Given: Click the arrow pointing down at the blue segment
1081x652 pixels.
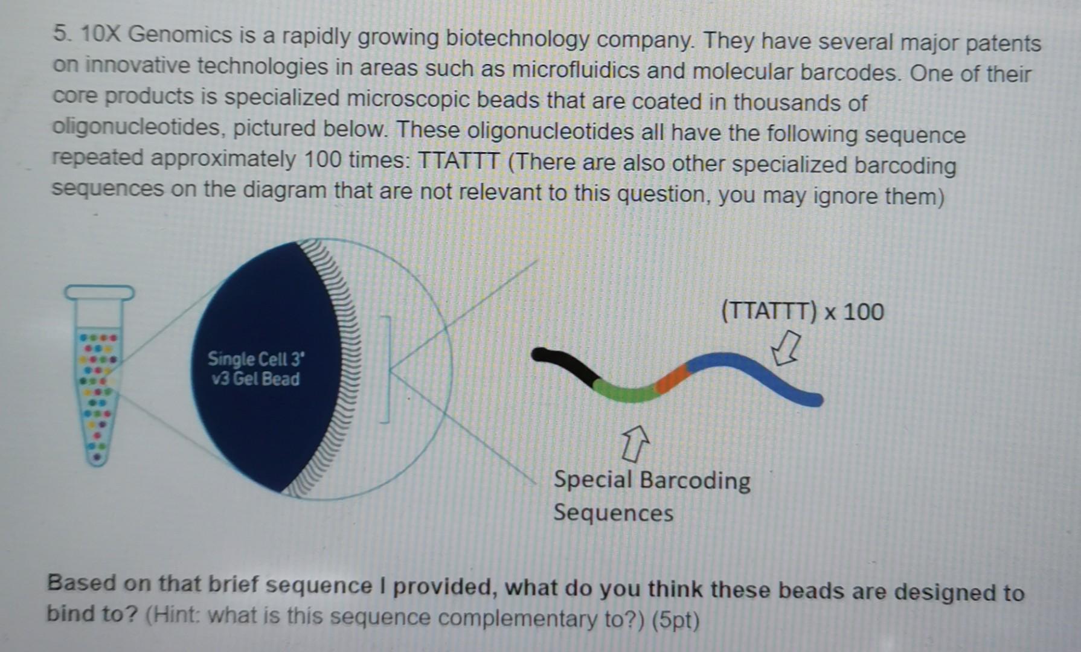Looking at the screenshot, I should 786,349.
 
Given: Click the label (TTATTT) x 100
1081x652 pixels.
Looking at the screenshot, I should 803,312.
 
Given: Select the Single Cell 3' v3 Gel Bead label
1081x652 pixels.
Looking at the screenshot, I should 255,369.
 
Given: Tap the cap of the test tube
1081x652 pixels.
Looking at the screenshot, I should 100,293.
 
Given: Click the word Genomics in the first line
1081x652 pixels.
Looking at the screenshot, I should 180,35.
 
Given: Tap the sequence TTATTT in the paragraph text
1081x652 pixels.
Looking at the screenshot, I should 459,161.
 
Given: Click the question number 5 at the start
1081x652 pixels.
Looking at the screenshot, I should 60,33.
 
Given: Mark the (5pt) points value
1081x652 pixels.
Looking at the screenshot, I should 676,621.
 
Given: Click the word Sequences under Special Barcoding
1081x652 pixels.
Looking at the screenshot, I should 613,513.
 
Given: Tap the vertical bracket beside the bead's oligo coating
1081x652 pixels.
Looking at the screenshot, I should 385,369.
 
